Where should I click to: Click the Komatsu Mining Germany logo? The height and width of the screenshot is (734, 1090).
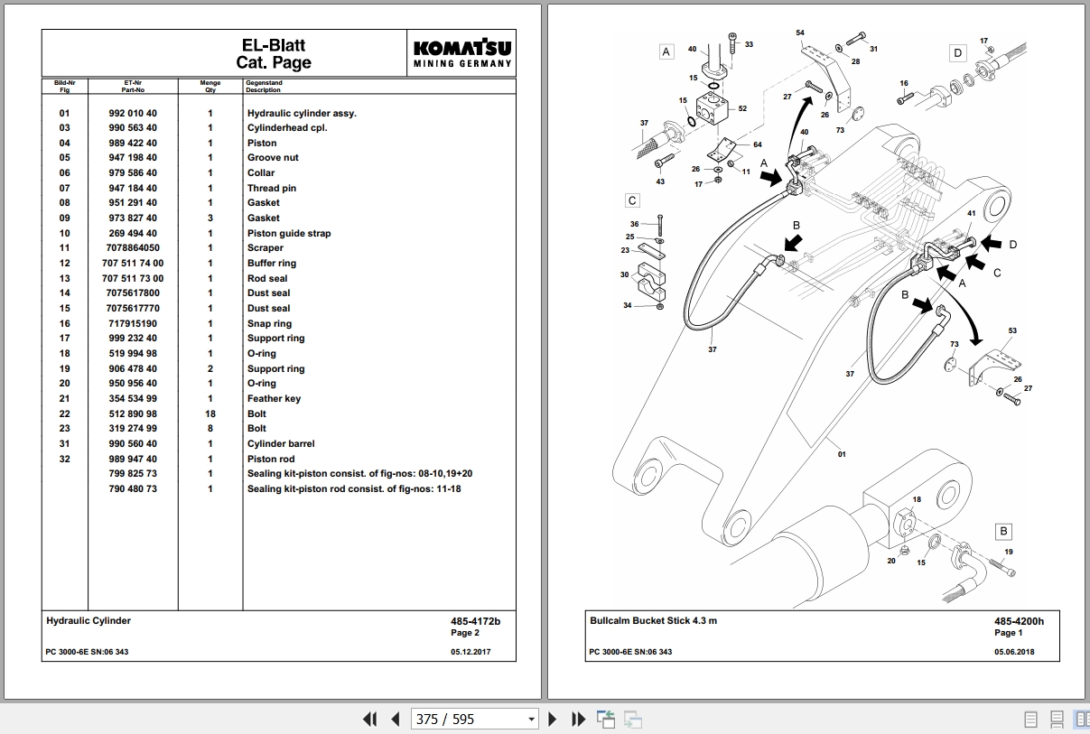point(462,53)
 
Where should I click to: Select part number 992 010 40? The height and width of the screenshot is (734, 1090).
point(133,113)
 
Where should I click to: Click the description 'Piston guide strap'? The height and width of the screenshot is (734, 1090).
point(289,233)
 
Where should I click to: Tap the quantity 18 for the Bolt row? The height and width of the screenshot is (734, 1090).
point(210,413)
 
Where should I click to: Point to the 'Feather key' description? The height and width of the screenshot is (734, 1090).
point(274,398)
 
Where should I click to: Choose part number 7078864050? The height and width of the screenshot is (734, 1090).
point(133,247)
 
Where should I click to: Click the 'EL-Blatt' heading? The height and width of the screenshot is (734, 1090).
point(274,45)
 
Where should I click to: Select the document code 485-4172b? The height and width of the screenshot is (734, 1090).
point(475,621)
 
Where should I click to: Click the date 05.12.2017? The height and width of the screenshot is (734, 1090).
point(470,652)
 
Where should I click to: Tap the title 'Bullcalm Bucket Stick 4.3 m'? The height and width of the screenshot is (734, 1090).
point(654,621)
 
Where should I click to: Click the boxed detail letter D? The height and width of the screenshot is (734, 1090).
point(958,53)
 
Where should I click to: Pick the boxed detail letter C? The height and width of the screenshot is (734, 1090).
point(632,200)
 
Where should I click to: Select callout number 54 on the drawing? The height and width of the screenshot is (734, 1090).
point(799,33)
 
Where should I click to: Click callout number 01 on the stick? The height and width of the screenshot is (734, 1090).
point(842,454)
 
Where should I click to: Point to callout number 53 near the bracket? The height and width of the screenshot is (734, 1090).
point(1012,331)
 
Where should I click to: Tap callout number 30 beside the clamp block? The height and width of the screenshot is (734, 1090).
point(625,274)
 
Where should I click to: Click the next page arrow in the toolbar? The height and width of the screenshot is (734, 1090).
point(554,720)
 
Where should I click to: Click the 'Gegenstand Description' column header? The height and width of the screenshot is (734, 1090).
point(264,87)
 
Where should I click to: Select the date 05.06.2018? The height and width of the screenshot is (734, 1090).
point(1015,652)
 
